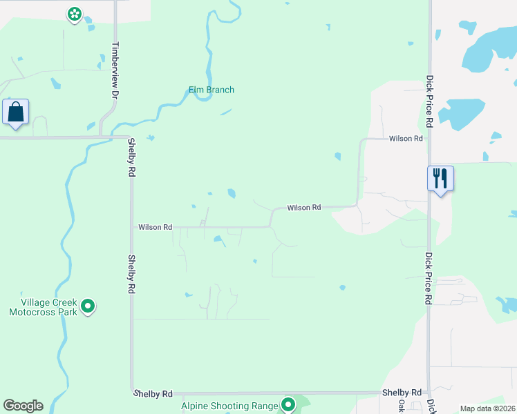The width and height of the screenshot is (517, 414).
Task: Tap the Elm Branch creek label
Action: pos(211,90)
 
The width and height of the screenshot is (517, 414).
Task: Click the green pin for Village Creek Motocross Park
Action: pos(88,305)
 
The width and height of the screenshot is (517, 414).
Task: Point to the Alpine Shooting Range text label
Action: pos(229,406)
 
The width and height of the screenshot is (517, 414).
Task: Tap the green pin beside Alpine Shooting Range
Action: pos(288,405)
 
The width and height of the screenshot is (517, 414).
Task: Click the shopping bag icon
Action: pos(15,112)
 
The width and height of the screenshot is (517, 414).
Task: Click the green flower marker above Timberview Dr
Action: pos(75,13)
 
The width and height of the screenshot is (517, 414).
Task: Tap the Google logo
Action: pos(23,406)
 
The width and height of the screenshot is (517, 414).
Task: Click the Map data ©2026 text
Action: pos(488,408)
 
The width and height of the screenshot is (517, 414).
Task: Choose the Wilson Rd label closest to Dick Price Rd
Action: pos(406,139)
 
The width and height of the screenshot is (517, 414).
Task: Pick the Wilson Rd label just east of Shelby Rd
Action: pos(155,226)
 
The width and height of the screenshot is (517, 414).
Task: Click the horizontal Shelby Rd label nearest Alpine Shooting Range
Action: pos(153,393)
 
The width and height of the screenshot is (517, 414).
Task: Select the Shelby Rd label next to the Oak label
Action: pos(402,392)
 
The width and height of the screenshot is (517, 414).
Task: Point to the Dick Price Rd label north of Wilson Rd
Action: pos(429,101)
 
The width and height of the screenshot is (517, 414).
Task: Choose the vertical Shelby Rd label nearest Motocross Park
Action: pos(131,275)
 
